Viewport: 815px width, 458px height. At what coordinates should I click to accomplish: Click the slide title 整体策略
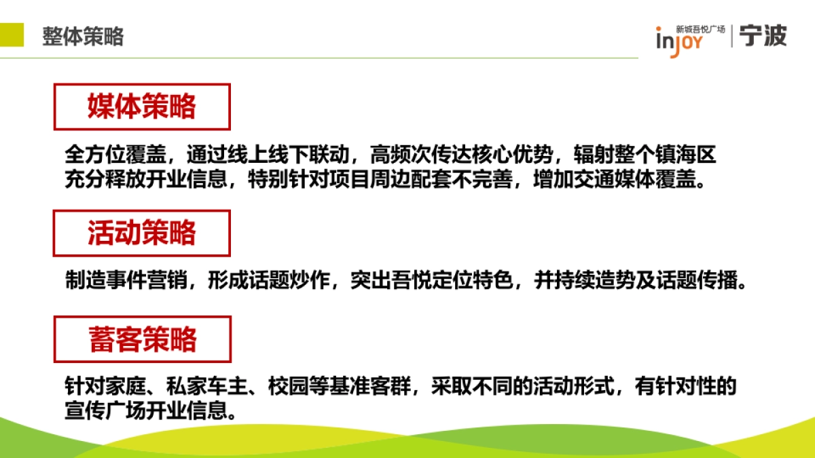click(x=83, y=37)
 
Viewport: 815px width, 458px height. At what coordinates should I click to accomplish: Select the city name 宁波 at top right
click(x=763, y=35)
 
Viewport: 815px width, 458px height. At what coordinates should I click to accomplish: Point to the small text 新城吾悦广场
click(x=700, y=29)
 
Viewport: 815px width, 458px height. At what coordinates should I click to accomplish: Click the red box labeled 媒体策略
click(x=142, y=107)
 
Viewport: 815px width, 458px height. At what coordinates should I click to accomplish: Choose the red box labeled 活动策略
click(x=142, y=233)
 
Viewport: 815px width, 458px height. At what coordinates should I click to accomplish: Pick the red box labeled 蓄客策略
click(x=143, y=339)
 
